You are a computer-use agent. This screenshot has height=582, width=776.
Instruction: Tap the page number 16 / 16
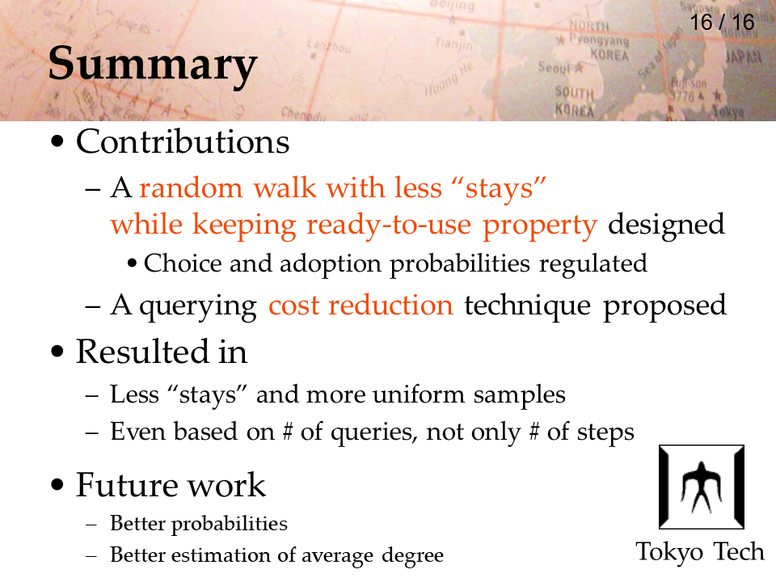coord(722,23)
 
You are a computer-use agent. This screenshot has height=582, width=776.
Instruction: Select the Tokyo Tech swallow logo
coord(702,487)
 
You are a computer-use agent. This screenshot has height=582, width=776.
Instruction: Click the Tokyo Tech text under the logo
coord(700,552)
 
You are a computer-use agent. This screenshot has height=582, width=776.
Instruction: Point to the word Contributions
coord(183,142)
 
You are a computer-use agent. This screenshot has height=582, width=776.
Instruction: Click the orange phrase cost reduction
coord(361,305)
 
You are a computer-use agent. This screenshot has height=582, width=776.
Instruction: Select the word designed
coord(666,224)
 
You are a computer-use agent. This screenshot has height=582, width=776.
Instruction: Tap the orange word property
coord(540,226)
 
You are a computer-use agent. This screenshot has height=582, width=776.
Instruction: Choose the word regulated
coord(593,264)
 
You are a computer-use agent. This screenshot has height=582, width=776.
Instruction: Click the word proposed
coord(664,306)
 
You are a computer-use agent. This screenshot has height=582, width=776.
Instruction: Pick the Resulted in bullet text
coord(162,352)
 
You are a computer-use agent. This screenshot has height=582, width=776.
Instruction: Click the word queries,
coord(373,432)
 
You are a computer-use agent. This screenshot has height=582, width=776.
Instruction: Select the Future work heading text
coord(171,484)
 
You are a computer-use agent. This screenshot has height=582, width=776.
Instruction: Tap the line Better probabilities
coord(199,524)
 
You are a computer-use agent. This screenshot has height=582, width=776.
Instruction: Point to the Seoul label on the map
coord(553,67)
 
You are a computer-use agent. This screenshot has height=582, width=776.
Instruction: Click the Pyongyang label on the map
coord(598,40)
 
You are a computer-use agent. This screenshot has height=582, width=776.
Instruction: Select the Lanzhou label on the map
coord(329,45)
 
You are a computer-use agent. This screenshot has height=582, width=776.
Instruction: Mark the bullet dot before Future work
coord(57,484)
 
